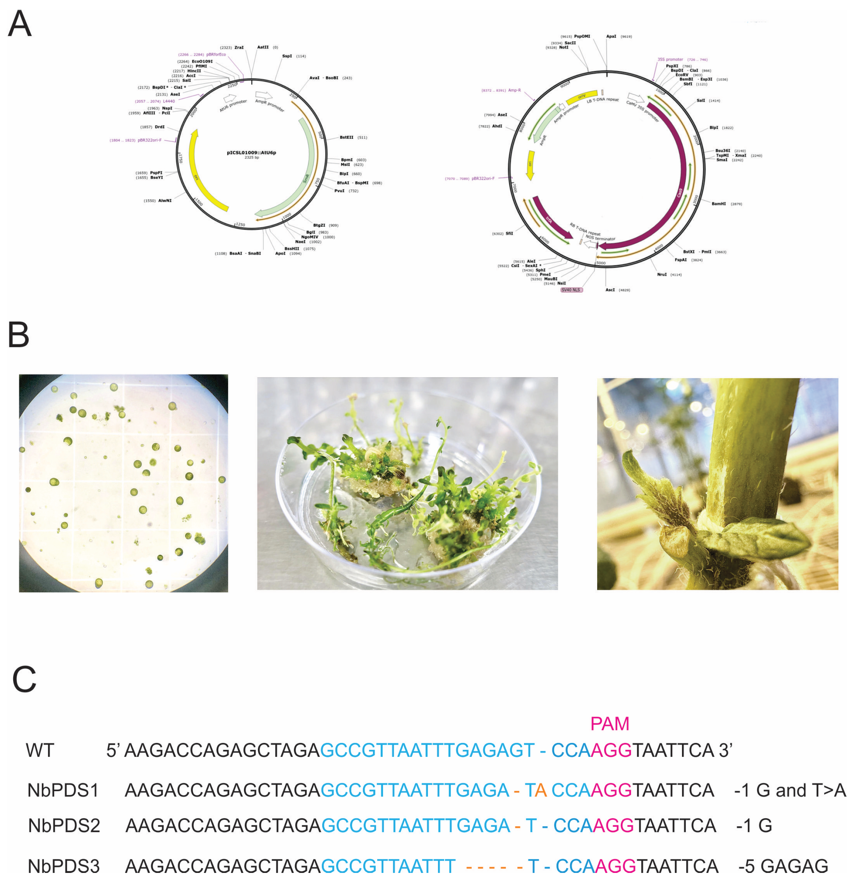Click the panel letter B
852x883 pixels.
18,335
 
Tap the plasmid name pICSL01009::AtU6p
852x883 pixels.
251,153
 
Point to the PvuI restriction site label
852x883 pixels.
339,191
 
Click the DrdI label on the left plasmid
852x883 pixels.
160,127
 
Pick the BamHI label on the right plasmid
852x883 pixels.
719,204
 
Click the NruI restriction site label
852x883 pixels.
662,274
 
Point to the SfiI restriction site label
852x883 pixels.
509,233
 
